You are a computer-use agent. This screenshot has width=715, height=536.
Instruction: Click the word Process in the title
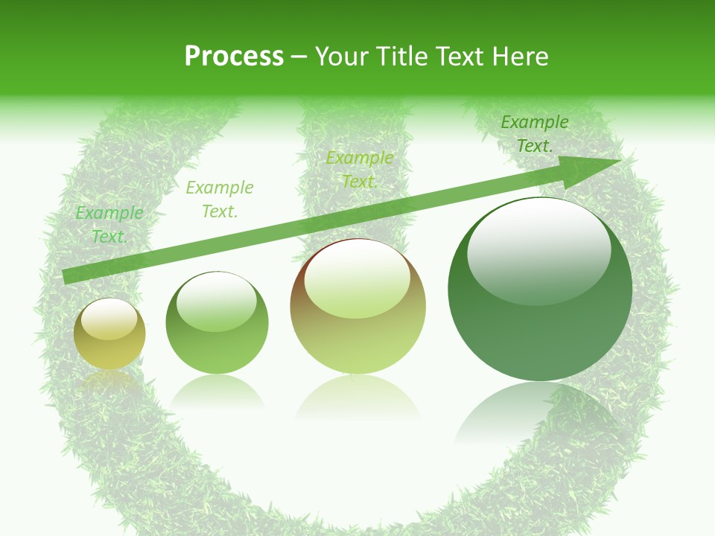234,57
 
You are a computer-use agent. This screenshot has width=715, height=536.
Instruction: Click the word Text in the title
462,57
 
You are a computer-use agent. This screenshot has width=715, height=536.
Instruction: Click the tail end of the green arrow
69,276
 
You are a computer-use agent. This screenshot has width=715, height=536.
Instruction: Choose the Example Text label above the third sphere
360,170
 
